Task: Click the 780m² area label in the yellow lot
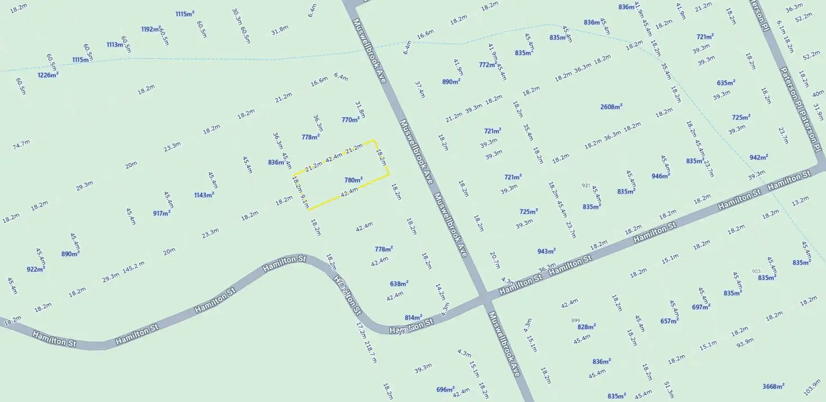tap(354, 180)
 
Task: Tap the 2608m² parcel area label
tap(611, 107)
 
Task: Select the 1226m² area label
tap(48, 75)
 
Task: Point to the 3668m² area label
tap(773, 386)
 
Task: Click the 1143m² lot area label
tap(204, 195)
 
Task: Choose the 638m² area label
tap(399, 284)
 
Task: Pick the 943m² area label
tap(547, 251)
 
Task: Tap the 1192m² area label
tap(151, 29)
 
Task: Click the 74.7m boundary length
tap(21, 145)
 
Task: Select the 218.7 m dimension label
tap(370, 352)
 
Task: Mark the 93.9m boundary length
tap(745, 341)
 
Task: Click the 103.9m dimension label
tap(812, 387)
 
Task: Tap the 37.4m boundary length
tap(419, 89)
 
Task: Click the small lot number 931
tap(586, 186)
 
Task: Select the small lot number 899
tap(575, 320)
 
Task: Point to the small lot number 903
tap(756, 271)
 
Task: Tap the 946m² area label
tap(660, 176)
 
